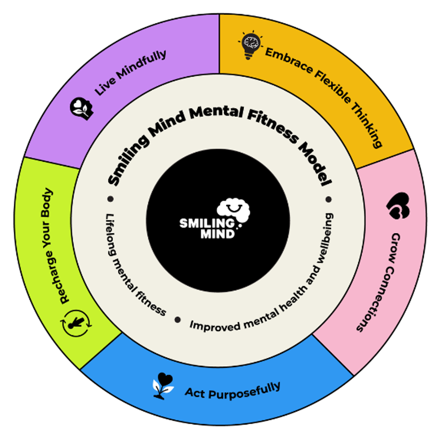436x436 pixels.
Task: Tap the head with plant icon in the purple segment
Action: [82, 108]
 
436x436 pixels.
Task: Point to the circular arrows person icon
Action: [76, 323]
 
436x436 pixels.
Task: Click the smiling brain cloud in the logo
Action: [234, 210]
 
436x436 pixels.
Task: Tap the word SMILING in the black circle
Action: [207, 223]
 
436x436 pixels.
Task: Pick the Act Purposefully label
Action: [233, 392]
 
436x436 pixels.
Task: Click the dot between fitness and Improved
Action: [178, 320]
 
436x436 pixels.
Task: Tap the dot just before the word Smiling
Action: [110, 199]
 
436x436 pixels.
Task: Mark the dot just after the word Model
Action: [329, 199]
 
